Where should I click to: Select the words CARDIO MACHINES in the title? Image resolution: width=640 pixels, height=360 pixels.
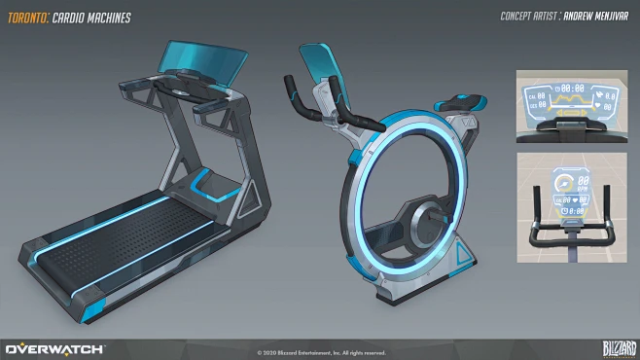[95, 17]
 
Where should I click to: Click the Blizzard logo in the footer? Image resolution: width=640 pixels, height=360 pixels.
[608, 347]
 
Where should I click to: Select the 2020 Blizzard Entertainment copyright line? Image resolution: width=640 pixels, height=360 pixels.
[321, 352]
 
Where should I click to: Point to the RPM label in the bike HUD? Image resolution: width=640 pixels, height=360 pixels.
[583, 188]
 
